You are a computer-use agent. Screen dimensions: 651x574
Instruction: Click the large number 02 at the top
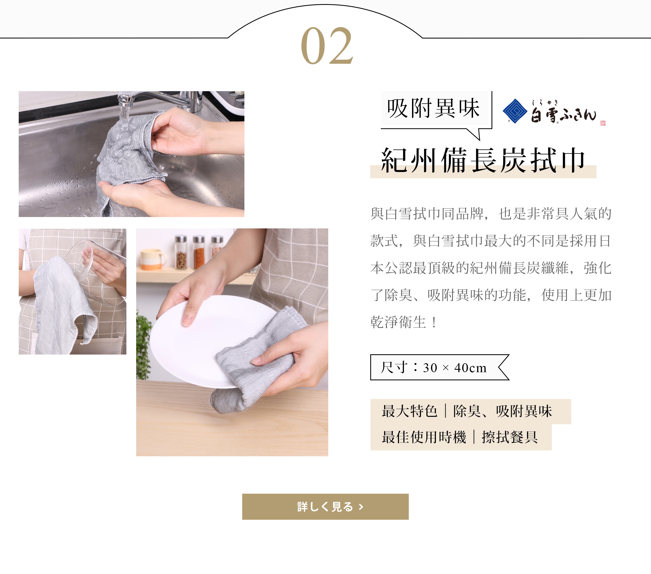coord(327,46)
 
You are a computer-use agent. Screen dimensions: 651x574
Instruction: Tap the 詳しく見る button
coord(325,506)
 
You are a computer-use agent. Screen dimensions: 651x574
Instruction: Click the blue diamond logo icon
coord(515,111)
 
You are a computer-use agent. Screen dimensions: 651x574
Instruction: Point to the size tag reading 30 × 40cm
coord(439,367)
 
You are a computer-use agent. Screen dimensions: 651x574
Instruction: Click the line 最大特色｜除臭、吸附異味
coord(467,411)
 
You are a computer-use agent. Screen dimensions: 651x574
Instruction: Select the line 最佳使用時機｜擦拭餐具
coord(460,437)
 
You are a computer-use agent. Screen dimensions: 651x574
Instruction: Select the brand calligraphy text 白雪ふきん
coord(563,111)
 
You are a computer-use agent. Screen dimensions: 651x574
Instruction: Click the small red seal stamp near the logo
coord(603,123)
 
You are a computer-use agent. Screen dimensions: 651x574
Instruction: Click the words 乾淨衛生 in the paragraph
coord(398,322)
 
